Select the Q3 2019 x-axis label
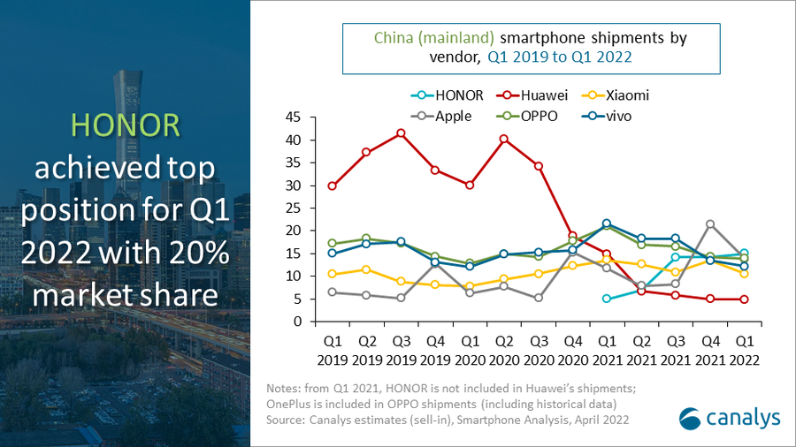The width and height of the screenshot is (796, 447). tap(401, 352)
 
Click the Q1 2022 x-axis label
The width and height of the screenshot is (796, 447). tap(745, 352)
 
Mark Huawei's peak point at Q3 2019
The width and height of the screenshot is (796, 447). tap(401, 133)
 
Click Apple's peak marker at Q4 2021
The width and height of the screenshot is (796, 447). tap(710, 224)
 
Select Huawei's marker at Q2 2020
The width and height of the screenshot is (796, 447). tap(504, 139)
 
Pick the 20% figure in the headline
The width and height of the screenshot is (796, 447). tap(196, 255)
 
